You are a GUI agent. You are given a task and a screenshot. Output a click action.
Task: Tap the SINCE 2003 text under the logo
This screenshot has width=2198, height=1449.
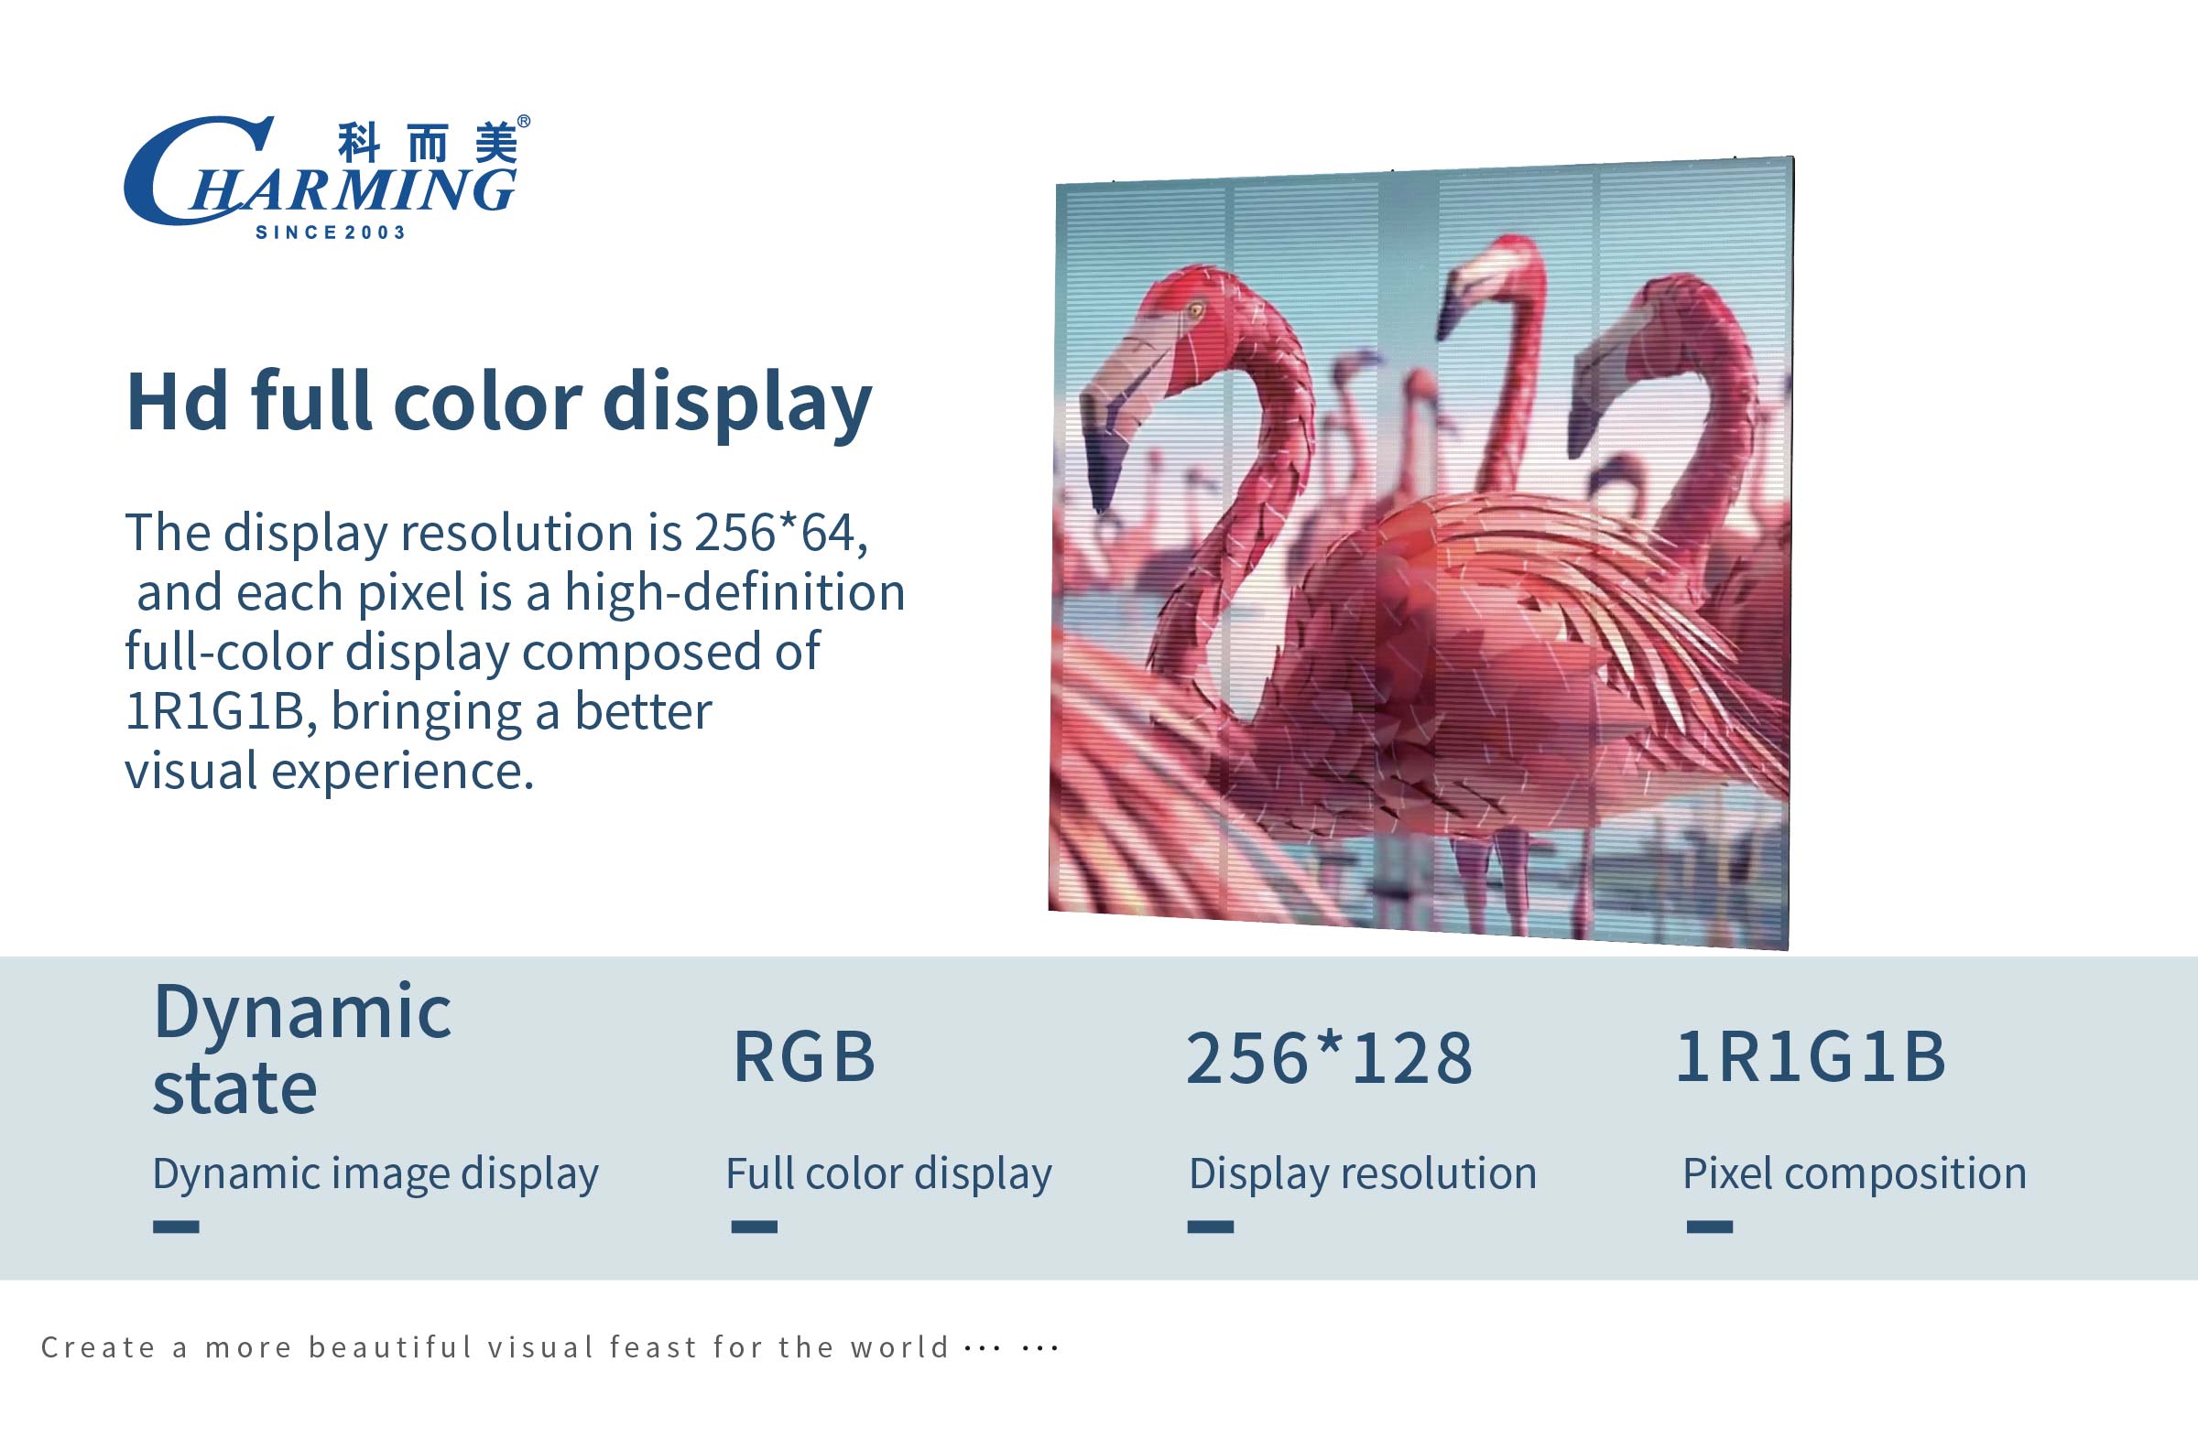(x=331, y=232)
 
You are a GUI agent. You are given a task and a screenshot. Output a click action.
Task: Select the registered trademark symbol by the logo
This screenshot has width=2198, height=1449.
(x=523, y=122)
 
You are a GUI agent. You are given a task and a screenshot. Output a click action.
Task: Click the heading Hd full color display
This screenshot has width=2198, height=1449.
(x=499, y=402)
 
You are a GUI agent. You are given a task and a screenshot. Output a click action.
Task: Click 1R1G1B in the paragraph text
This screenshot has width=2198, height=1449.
(x=214, y=711)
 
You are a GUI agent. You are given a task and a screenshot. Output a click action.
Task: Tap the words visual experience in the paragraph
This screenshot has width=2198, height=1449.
(x=328, y=771)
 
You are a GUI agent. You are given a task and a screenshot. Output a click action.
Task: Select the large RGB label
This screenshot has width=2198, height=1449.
(x=804, y=1056)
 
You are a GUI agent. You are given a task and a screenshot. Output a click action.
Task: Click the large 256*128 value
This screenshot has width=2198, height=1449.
(x=1328, y=1057)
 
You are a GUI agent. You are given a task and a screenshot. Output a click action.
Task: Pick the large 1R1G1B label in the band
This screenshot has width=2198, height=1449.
(x=1811, y=1056)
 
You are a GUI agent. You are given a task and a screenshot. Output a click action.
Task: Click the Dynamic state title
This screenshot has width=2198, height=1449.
(x=302, y=1048)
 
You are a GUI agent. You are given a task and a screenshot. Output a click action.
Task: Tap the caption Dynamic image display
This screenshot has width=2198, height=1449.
(x=375, y=1173)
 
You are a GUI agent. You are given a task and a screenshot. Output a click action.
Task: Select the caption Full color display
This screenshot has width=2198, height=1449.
(x=888, y=1173)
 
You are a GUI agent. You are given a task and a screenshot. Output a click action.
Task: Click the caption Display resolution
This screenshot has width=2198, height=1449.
(x=1363, y=1173)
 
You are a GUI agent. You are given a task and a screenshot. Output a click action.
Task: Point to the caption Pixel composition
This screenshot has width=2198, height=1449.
(x=1855, y=1173)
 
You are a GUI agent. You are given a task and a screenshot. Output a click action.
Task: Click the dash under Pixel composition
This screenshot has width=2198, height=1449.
(x=1709, y=1227)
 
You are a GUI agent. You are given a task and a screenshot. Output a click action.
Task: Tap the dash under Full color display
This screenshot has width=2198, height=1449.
(x=755, y=1227)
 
